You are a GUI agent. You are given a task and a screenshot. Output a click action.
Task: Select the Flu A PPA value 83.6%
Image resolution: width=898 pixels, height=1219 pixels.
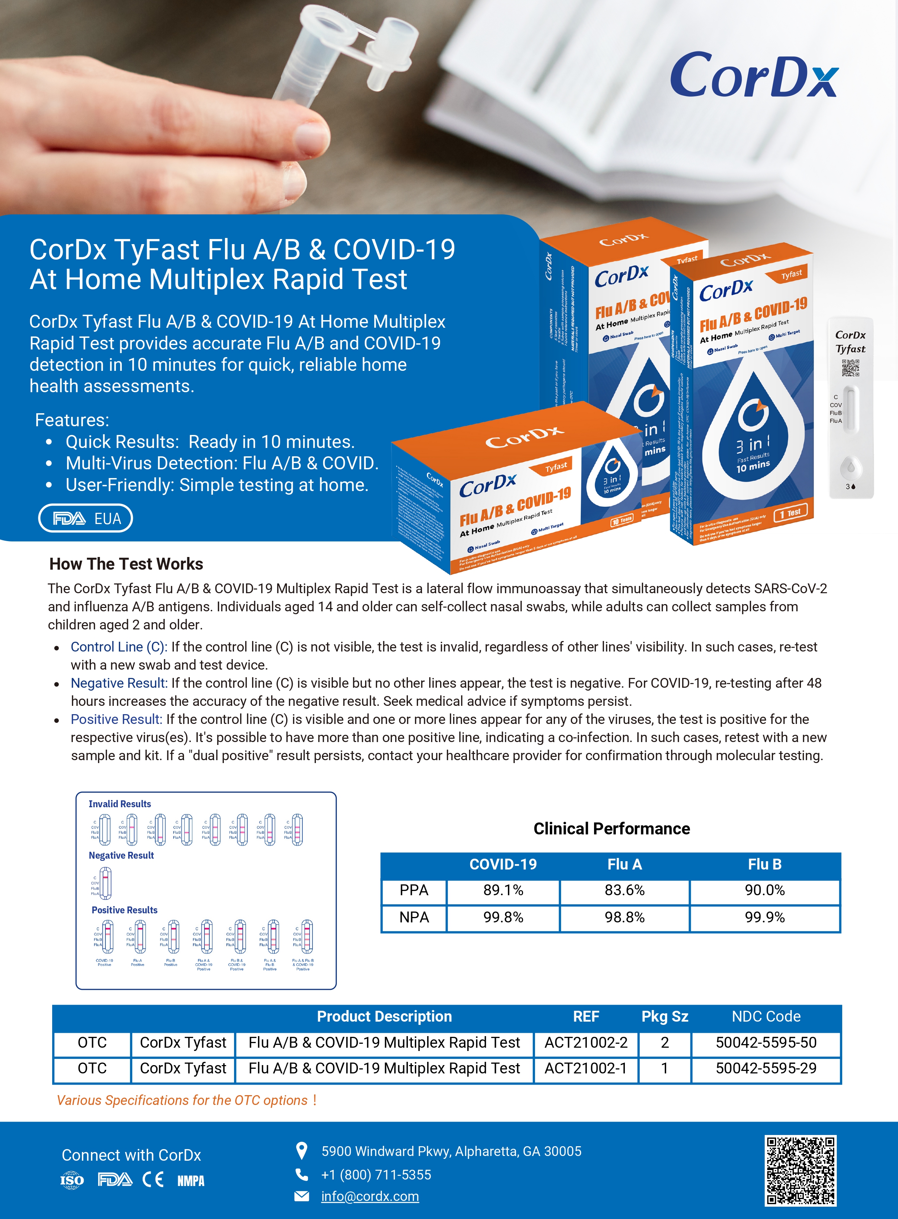624,890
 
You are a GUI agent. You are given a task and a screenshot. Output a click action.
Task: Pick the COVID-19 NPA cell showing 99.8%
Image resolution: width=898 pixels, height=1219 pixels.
503,917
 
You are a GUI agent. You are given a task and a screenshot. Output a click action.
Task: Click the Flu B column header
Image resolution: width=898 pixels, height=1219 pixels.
764,864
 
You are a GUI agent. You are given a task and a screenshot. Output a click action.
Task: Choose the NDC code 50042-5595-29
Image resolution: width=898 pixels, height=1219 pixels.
765,1068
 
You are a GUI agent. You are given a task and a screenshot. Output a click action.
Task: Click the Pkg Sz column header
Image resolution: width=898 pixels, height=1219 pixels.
664,1016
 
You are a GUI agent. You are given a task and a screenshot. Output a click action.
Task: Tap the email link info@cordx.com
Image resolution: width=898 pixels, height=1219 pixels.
369,1196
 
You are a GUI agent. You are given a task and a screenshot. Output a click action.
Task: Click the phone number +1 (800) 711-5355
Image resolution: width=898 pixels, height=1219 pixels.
376,1174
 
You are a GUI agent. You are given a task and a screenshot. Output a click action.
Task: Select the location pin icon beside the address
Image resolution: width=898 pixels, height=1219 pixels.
301,1151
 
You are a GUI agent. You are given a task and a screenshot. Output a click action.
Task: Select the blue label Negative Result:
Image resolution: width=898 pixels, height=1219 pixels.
119,683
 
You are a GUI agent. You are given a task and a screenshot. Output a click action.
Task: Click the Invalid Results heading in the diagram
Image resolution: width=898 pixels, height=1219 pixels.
120,804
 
